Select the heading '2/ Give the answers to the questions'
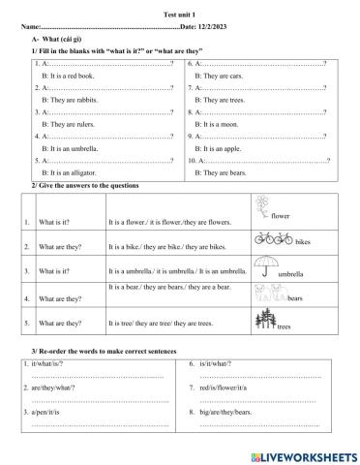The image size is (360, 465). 85,184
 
